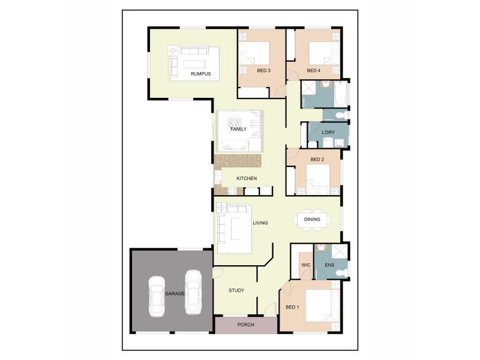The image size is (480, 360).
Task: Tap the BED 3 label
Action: pyautogui.click(x=263, y=71)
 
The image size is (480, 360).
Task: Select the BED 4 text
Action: pyautogui.click(x=313, y=71)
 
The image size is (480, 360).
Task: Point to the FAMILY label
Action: pyautogui.click(x=239, y=129)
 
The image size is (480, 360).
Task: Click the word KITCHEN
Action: pyautogui.click(x=247, y=179)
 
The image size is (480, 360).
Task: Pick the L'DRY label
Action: pyautogui.click(x=328, y=132)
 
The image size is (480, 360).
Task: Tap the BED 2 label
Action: pyautogui.click(x=317, y=160)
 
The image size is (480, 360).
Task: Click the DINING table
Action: pyautogui.click(x=312, y=220)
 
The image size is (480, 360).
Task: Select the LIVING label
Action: pyautogui.click(x=260, y=223)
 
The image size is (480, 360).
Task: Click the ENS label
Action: pyautogui.click(x=329, y=265)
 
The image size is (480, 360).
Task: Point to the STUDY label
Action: pyautogui.click(x=236, y=291)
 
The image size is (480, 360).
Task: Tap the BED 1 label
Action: pyautogui.click(x=292, y=308)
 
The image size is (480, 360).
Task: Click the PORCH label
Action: pyautogui.click(x=246, y=325)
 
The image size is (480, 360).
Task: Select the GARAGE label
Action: pyautogui.click(x=174, y=294)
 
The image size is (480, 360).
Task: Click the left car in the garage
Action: pyautogui.click(x=157, y=295)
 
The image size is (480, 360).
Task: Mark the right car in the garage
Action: pyautogui.click(x=193, y=291)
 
